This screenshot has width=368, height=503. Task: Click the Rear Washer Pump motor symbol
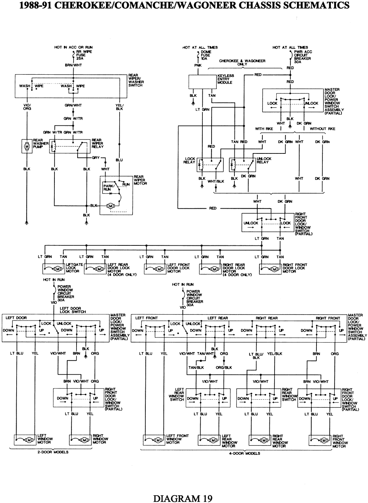27,146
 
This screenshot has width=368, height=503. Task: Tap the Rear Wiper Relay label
98,144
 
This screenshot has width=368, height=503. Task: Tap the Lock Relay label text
190,160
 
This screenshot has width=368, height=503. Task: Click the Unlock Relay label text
264,160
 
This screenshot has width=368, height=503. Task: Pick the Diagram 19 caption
183,499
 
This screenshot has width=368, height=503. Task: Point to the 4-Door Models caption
244,453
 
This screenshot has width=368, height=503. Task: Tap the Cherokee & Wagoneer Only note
242,62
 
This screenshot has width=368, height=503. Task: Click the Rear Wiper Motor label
140,180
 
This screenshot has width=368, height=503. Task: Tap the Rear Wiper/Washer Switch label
136,80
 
